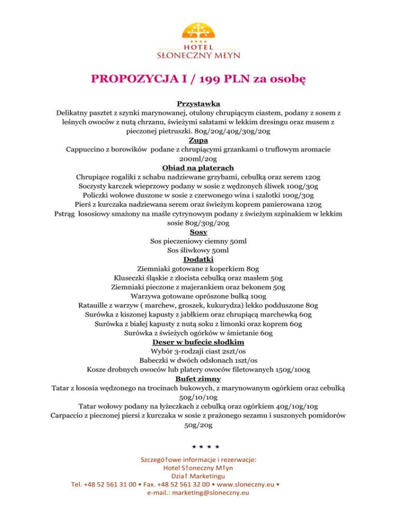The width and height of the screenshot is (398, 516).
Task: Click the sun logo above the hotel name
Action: click(198, 29)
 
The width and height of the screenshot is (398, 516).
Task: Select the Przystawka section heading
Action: click(199, 103)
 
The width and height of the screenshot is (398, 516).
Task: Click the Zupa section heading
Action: click(199, 140)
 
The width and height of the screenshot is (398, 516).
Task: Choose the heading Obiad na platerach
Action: click(199, 168)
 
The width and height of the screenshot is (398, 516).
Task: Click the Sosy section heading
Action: click(199, 233)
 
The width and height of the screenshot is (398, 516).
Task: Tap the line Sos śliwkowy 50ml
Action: click(199, 251)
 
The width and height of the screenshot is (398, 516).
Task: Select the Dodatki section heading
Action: click(199, 260)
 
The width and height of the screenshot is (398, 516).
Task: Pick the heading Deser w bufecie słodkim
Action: click(199, 343)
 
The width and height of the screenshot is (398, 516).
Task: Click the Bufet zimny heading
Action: click(199, 380)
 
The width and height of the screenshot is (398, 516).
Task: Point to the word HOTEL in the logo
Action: click(198, 46)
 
